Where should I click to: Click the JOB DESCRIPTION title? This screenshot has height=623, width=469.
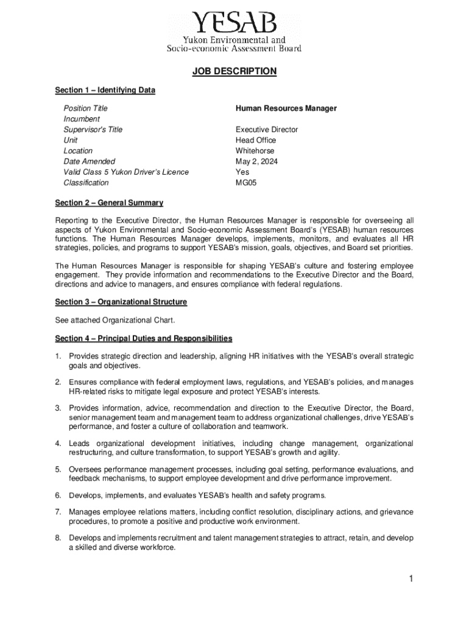pyautogui.click(x=234, y=72)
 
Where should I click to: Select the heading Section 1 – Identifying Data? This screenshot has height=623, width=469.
pyautogui.click(x=105, y=91)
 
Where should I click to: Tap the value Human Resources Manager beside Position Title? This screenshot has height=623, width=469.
pyautogui.click(x=286, y=108)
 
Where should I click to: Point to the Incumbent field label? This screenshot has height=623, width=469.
pyautogui.click(x=82, y=119)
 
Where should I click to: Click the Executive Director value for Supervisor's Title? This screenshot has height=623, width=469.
pyautogui.click(x=267, y=130)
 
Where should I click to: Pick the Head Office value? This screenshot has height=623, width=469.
pyautogui.click(x=256, y=141)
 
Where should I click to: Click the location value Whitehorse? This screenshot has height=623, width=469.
pyautogui.click(x=255, y=151)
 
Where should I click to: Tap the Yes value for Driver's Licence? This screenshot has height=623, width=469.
pyautogui.click(x=242, y=172)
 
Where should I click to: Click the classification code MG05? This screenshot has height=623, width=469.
pyautogui.click(x=246, y=183)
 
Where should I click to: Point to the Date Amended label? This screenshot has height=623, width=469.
pyautogui.click(x=89, y=162)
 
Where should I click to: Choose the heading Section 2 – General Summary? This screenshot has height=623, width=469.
pyautogui.click(x=109, y=203)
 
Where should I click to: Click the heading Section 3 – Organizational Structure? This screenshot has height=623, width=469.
pyautogui.click(x=121, y=302)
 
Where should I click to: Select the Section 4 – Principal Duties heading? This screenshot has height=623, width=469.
pyautogui.click(x=143, y=338)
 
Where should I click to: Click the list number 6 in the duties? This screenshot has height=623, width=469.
pyautogui.click(x=58, y=495)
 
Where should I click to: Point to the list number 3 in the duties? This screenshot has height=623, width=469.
pyautogui.click(x=58, y=408)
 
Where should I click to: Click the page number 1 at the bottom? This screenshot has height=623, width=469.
pyautogui.click(x=412, y=579)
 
